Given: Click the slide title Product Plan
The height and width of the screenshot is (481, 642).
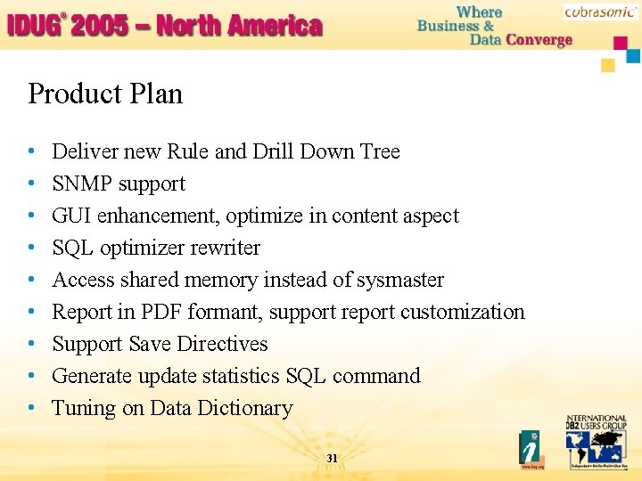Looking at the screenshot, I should pyautogui.click(x=105, y=94).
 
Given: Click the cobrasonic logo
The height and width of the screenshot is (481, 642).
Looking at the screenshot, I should pyautogui.click(x=600, y=12).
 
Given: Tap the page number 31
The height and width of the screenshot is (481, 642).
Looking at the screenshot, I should pyautogui.click(x=332, y=458).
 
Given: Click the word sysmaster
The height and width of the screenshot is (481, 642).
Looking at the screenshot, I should pyautogui.click(x=399, y=280).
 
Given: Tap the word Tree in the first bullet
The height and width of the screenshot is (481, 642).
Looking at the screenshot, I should pyautogui.click(x=380, y=151).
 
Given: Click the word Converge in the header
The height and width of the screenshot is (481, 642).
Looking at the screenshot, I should pyautogui.click(x=539, y=40).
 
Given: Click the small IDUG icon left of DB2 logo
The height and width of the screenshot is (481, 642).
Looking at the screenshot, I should pyautogui.click(x=532, y=450).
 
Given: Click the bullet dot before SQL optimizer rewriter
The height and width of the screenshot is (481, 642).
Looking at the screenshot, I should pyautogui.click(x=32, y=249).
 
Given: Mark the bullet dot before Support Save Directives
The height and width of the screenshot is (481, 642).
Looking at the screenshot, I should pyautogui.click(x=32, y=345).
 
